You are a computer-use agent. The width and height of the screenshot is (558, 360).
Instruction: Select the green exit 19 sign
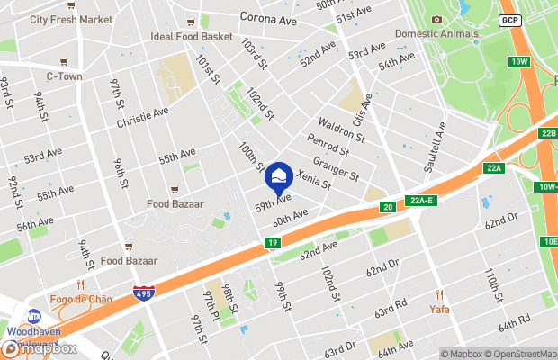pos(272,243)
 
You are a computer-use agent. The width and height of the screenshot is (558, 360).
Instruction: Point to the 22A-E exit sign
pos(420,200)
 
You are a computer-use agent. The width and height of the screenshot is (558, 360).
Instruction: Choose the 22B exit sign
pos(549,134)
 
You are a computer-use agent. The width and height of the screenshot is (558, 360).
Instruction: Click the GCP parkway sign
pos(510,20)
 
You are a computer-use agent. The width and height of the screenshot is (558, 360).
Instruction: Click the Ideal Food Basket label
pos(190,36)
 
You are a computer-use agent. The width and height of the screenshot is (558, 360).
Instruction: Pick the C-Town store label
pos(64,76)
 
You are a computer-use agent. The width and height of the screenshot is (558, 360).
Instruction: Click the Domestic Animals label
pos(436,34)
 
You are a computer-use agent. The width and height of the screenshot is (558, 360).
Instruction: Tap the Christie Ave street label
pos(143,118)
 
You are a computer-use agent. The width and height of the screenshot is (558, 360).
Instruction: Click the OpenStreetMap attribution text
pos(517,353)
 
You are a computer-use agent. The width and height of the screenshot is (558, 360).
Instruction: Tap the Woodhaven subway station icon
pos(34,316)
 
